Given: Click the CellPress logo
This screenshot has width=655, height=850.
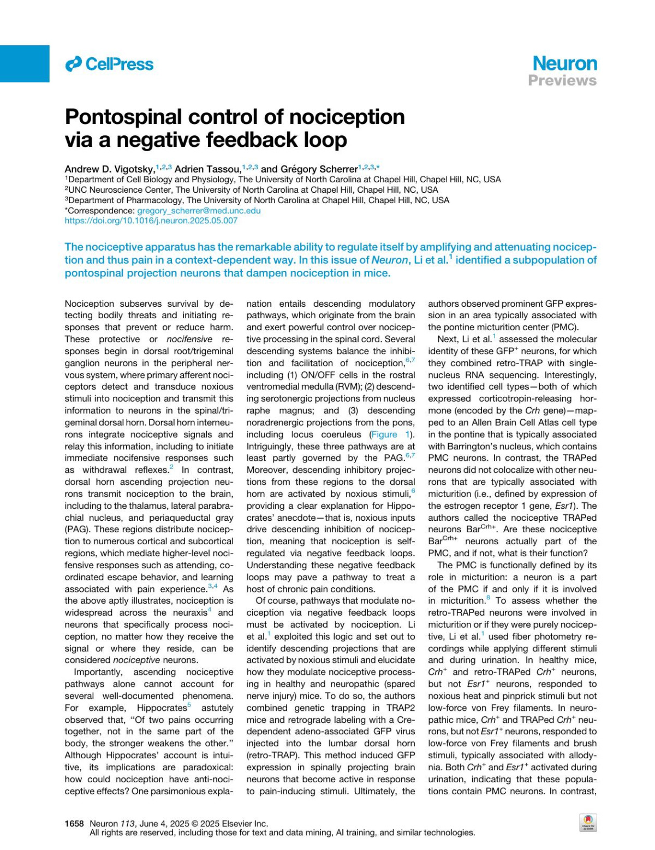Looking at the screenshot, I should pos(109,64).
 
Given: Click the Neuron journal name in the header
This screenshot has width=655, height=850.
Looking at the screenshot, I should pos(564,63).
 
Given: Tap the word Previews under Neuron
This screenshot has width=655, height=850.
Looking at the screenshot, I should pos(562,81).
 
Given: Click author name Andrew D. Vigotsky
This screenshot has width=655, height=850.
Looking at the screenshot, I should pos(109,169).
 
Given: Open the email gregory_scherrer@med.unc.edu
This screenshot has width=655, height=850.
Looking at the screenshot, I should pos(199,211).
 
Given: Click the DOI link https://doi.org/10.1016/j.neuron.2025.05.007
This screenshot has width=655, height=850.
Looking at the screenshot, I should pos(151,221).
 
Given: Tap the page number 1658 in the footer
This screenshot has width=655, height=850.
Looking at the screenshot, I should pos(74,823).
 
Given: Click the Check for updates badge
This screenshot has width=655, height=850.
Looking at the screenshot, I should pos(588,822).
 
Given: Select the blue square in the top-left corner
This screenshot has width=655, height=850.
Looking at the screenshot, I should pos(25,63).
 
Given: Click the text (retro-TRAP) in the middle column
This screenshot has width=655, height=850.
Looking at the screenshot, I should pos(271,756).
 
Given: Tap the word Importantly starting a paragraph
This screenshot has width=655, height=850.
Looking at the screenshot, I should pos(98,672).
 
